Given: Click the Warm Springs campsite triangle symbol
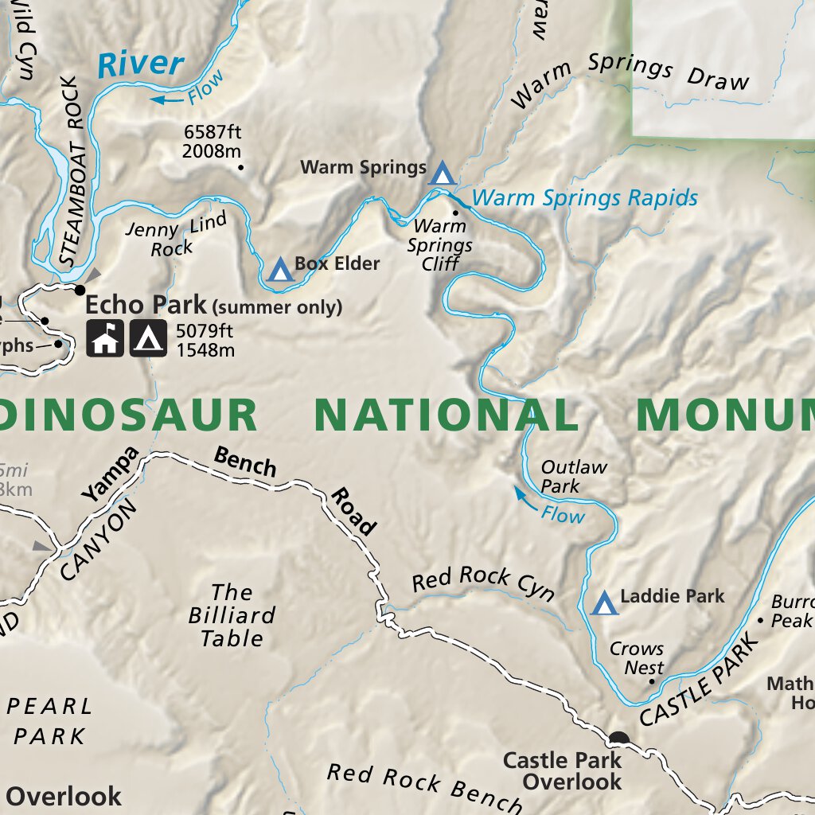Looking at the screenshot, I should tap(443, 172).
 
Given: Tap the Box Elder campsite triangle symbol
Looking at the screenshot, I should tap(279, 269).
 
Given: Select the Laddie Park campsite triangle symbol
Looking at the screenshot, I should tap(605, 602).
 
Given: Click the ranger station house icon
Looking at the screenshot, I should tap(105, 338).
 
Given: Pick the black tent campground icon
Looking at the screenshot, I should tap(148, 338).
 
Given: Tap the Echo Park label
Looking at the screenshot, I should tap(145, 305).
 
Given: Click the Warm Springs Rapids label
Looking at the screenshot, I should tap(585, 197).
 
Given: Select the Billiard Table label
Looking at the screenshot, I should tap(232, 615).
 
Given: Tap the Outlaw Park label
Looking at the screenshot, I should tap(573, 476).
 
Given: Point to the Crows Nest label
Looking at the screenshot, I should tap(637, 658).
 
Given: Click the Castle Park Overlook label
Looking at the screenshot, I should tap(561, 770).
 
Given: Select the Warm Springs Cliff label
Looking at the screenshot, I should tap(440, 245).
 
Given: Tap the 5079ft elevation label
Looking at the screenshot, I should tap(205, 340).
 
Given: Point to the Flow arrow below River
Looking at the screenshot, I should tap(168, 99).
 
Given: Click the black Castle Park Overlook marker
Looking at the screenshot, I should tap(618, 739).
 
